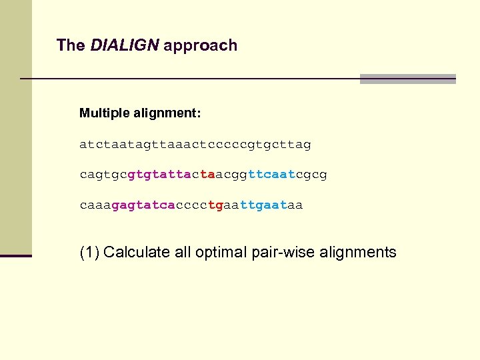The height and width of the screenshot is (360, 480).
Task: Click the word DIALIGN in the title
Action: [125, 45]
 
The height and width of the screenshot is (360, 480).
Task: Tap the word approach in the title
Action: [200, 46]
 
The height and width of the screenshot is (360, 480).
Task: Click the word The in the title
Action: [71, 45]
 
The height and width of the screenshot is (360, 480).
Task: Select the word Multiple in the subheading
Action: [103, 113]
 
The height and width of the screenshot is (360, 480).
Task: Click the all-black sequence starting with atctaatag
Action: [195, 144]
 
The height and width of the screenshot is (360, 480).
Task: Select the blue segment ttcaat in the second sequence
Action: [271, 175]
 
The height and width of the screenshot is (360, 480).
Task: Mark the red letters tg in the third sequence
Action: [215, 205]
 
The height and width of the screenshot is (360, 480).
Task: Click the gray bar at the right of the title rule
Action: [407, 79]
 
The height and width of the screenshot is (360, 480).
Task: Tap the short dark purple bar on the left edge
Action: [16, 255]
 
